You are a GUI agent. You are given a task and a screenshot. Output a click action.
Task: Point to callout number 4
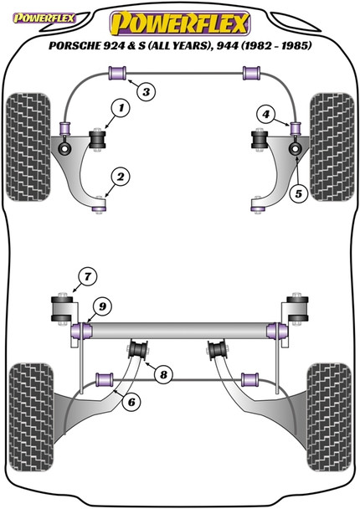click(x=265, y=113)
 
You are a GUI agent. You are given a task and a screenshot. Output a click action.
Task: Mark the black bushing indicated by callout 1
click(x=100, y=136)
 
